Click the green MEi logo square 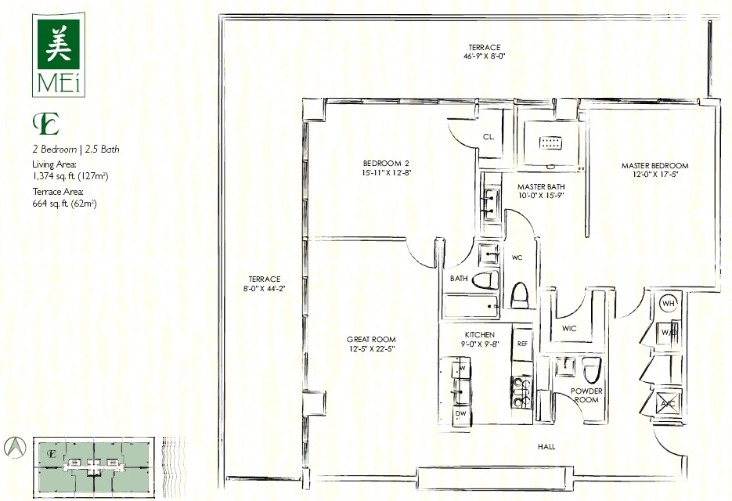pos(59,42)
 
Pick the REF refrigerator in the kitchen pos(522,343)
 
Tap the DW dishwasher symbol pos(461,414)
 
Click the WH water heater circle pos(669,304)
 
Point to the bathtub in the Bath pos(471,306)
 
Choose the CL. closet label pos(489,137)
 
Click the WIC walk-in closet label pos(569,329)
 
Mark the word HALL pos(546,447)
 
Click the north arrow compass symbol pos(15,447)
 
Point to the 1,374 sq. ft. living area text pos(70,176)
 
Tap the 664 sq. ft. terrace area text pos(64,203)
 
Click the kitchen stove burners pos(522,392)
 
